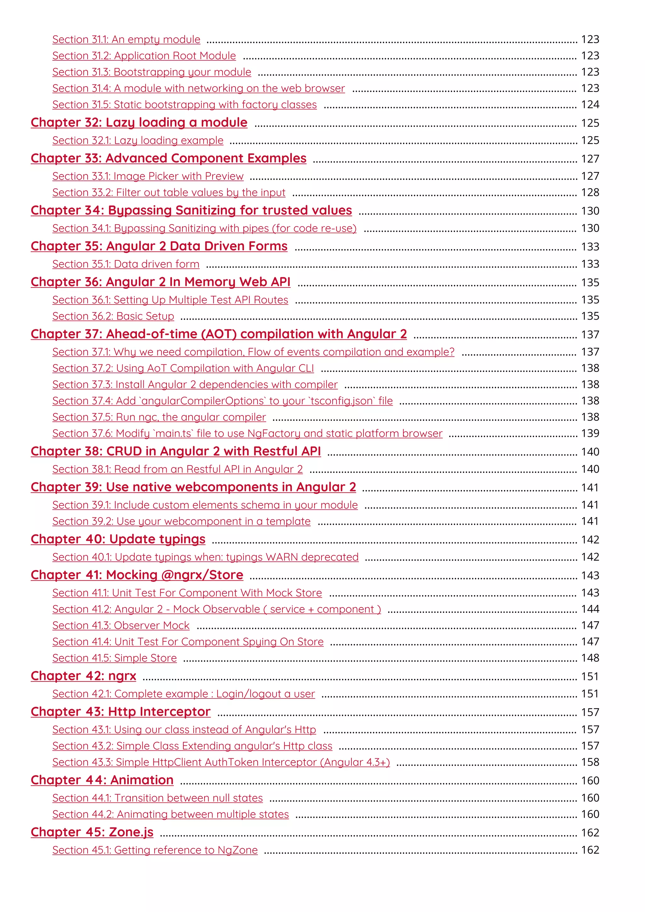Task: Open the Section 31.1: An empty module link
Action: pyautogui.click(x=126, y=39)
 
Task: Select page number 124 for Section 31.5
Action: pyautogui.click(x=590, y=105)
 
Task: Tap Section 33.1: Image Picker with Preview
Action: pyautogui.click(x=148, y=176)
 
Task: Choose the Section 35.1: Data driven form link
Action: pyautogui.click(x=126, y=264)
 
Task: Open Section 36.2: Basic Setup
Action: pyautogui.click(x=113, y=316)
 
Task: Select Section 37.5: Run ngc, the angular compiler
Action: pyautogui.click(x=159, y=417)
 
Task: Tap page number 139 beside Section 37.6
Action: pyautogui.click(x=590, y=433)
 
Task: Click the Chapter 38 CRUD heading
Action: pyautogui.click(x=175, y=451)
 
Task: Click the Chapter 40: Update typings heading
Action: pyautogui.click(x=118, y=539)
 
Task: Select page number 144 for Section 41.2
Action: pyautogui.click(x=590, y=609)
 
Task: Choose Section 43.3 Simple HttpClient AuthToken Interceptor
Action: pyautogui.click(x=221, y=762)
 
